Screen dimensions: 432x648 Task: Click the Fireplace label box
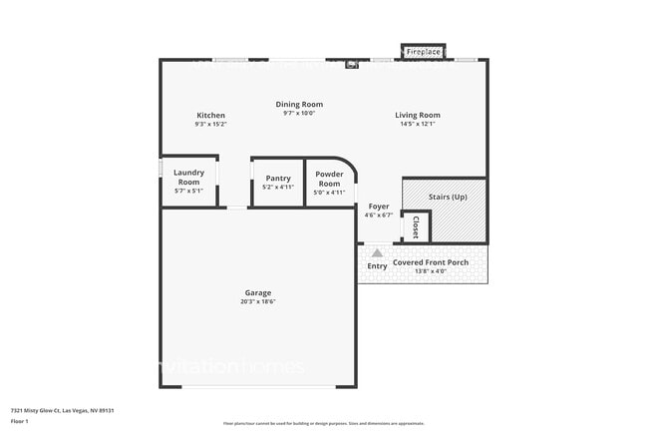click(424, 51)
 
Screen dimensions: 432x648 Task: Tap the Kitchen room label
click(210, 116)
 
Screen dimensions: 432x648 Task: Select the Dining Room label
click(299, 104)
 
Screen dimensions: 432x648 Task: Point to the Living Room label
click(418, 116)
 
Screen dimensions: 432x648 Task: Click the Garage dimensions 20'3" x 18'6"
click(258, 301)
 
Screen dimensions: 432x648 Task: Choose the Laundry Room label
click(188, 178)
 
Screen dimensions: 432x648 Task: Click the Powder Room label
click(329, 179)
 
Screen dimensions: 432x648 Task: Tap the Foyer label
click(379, 207)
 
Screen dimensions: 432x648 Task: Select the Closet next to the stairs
click(416, 227)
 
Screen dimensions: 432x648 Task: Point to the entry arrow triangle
click(377, 253)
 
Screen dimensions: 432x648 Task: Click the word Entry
click(377, 265)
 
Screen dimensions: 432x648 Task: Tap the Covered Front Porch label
click(430, 262)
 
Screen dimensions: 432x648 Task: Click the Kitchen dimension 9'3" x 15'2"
click(210, 125)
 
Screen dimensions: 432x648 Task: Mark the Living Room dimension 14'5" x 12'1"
click(418, 125)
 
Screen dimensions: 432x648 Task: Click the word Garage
click(258, 292)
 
